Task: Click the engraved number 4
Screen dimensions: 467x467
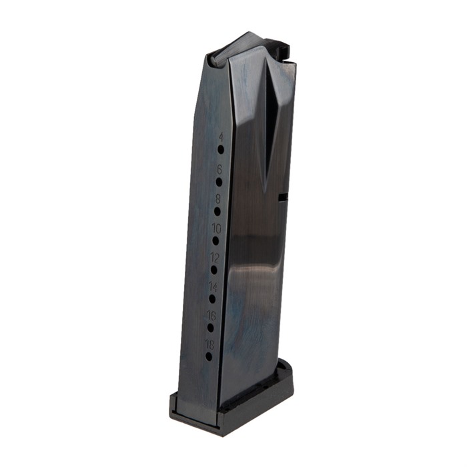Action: pos(221,137)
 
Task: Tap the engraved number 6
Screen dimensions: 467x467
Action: pos(219,169)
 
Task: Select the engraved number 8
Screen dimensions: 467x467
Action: pos(218,199)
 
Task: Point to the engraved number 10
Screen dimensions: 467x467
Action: pos(217,229)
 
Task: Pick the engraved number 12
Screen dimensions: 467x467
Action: pos(215,258)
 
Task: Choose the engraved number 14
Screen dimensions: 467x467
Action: pos(213,287)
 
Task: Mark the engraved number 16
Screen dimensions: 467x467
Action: pos(211,316)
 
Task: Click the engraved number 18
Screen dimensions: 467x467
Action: pos(210,345)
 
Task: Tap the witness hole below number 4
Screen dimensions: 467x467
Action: pos(221,149)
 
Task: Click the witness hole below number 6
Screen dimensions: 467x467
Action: pos(219,182)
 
